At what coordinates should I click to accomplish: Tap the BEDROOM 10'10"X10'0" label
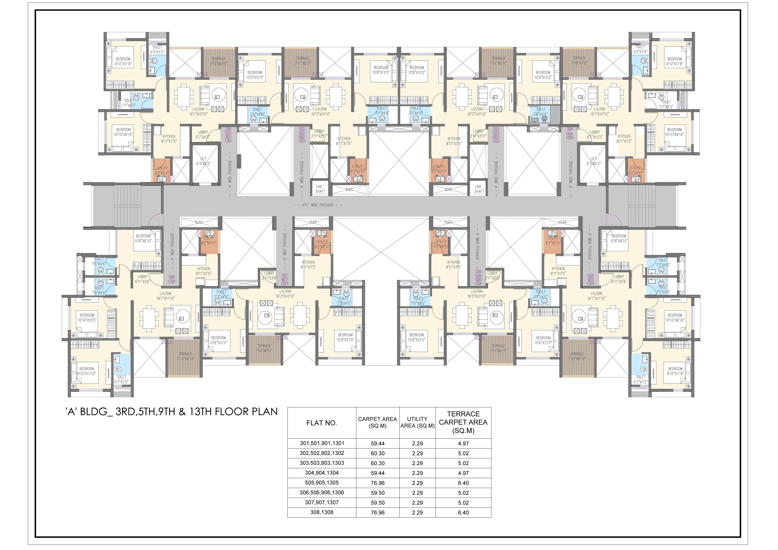(87, 318)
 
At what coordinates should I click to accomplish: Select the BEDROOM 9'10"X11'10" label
(87, 371)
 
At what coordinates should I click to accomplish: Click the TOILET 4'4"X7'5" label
(157, 50)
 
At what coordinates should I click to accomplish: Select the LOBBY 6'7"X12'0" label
(595, 134)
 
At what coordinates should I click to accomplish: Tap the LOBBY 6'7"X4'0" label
(203, 134)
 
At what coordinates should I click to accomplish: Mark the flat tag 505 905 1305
(591, 279)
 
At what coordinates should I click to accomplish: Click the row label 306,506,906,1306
(322, 492)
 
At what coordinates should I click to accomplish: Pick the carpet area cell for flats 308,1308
(377, 512)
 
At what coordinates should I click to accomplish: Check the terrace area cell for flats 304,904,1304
(463, 473)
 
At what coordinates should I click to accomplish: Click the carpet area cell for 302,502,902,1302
(377, 453)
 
